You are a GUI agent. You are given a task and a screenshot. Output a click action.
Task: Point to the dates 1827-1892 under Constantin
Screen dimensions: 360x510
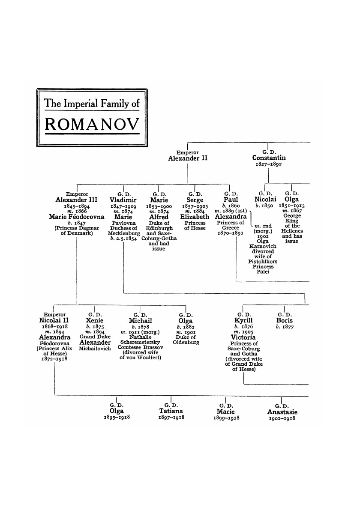[x=268, y=164]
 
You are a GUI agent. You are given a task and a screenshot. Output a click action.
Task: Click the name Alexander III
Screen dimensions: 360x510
[x=77, y=200]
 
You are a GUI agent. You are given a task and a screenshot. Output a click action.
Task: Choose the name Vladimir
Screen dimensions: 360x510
[x=123, y=200]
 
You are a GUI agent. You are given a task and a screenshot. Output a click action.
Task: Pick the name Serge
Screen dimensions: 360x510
[x=195, y=200]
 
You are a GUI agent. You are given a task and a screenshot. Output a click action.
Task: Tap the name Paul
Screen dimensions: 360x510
[x=231, y=200]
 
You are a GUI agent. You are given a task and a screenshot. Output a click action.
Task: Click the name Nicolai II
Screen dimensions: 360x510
[x=52, y=320]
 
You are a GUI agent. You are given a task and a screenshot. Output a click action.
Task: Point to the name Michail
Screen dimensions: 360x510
[x=141, y=320]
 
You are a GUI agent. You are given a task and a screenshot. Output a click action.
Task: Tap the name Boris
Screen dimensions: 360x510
[x=285, y=320]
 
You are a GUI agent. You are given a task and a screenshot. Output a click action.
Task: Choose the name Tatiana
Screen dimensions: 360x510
[x=171, y=411]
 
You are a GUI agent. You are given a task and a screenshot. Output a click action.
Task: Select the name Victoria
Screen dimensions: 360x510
[x=243, y=337]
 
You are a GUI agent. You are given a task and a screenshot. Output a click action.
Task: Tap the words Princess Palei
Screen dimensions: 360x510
[x=263, y=269]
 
